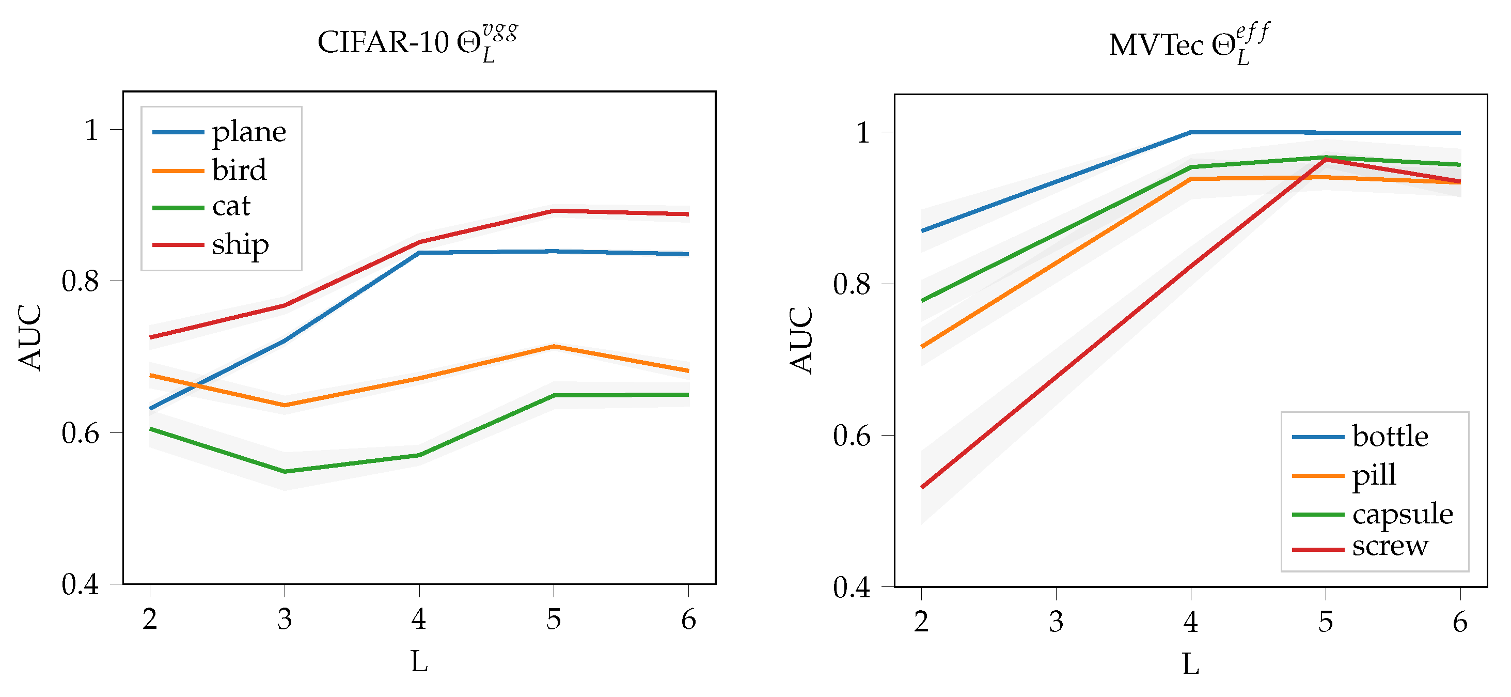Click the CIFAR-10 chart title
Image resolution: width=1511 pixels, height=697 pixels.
tap(418, 43)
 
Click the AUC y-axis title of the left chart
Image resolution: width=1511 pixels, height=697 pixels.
tap(30, 337)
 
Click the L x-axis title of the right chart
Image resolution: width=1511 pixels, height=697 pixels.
tap(1190, 664)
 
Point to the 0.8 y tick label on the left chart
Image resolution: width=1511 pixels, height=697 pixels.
tap(81, 282)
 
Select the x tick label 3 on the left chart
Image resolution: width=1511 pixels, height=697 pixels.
tap(285, 619)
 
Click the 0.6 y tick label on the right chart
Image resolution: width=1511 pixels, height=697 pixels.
tap(852, 437)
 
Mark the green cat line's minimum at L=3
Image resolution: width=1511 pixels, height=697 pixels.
tap(285, 471)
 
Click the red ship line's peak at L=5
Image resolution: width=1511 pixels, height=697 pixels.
tap(554, 211)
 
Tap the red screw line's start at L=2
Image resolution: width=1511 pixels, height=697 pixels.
tap(922, 487)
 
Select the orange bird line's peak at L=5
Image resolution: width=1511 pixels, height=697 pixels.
tap(554, 347)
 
